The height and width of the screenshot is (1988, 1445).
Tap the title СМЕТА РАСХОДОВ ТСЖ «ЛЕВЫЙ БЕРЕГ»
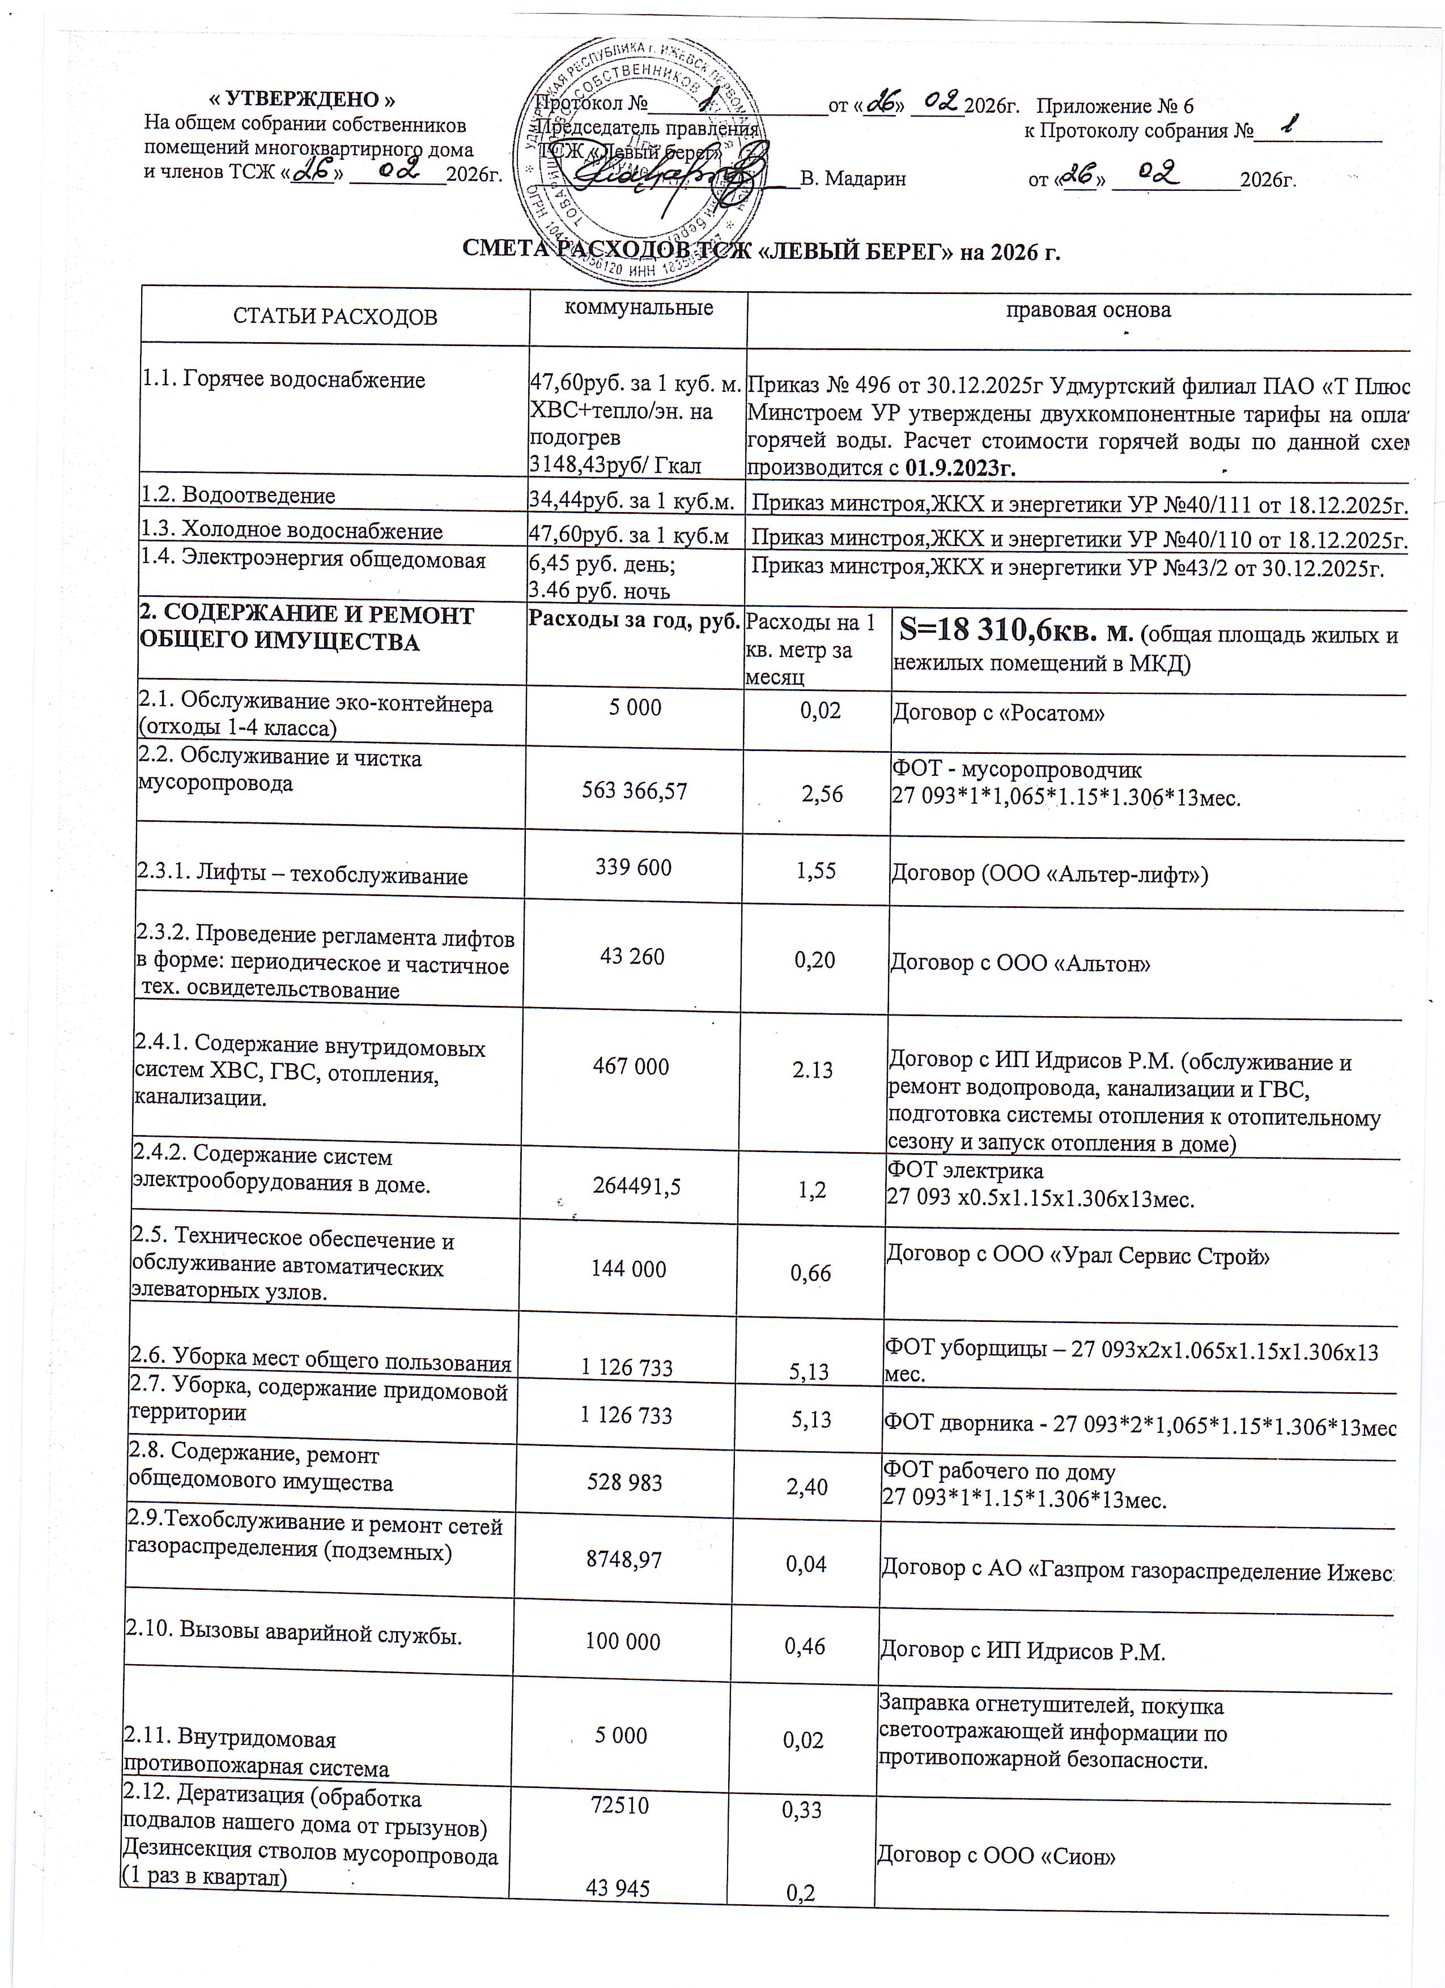(761, 253)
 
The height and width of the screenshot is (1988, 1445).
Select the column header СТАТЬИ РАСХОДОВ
(335, 317)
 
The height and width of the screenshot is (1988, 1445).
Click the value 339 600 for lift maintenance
(633, 868)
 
